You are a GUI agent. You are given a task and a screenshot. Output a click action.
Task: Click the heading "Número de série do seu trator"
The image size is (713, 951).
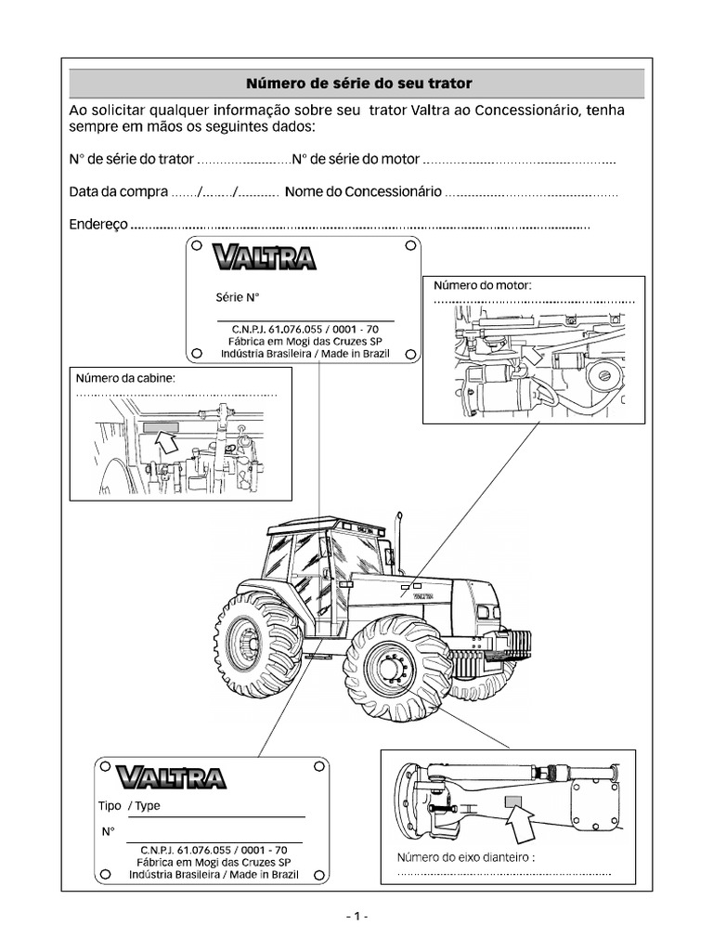click(x=358, y=84)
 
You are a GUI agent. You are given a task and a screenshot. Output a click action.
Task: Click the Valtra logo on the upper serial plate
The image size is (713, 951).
click(x=263, y=257)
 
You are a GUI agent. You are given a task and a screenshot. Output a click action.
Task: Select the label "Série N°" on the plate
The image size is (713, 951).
click(x=238, y=298)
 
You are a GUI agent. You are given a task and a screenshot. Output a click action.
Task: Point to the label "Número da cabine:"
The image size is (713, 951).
click(x=125, y=378)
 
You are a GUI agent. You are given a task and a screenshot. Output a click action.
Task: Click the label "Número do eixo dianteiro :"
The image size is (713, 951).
click(x=466, y=857)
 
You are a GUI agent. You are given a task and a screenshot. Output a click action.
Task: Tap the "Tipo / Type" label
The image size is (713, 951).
click(x=129, y=805)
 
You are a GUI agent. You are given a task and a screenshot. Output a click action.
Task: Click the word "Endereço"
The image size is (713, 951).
click(x=97, y=224)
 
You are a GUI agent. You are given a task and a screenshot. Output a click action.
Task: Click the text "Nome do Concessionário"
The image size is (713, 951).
click(x=363, y=192)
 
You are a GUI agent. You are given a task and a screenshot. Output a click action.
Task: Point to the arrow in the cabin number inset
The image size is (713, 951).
click(x=168, y=443)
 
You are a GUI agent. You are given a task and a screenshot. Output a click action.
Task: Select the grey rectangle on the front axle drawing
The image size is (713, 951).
click(x=514, y=800)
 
